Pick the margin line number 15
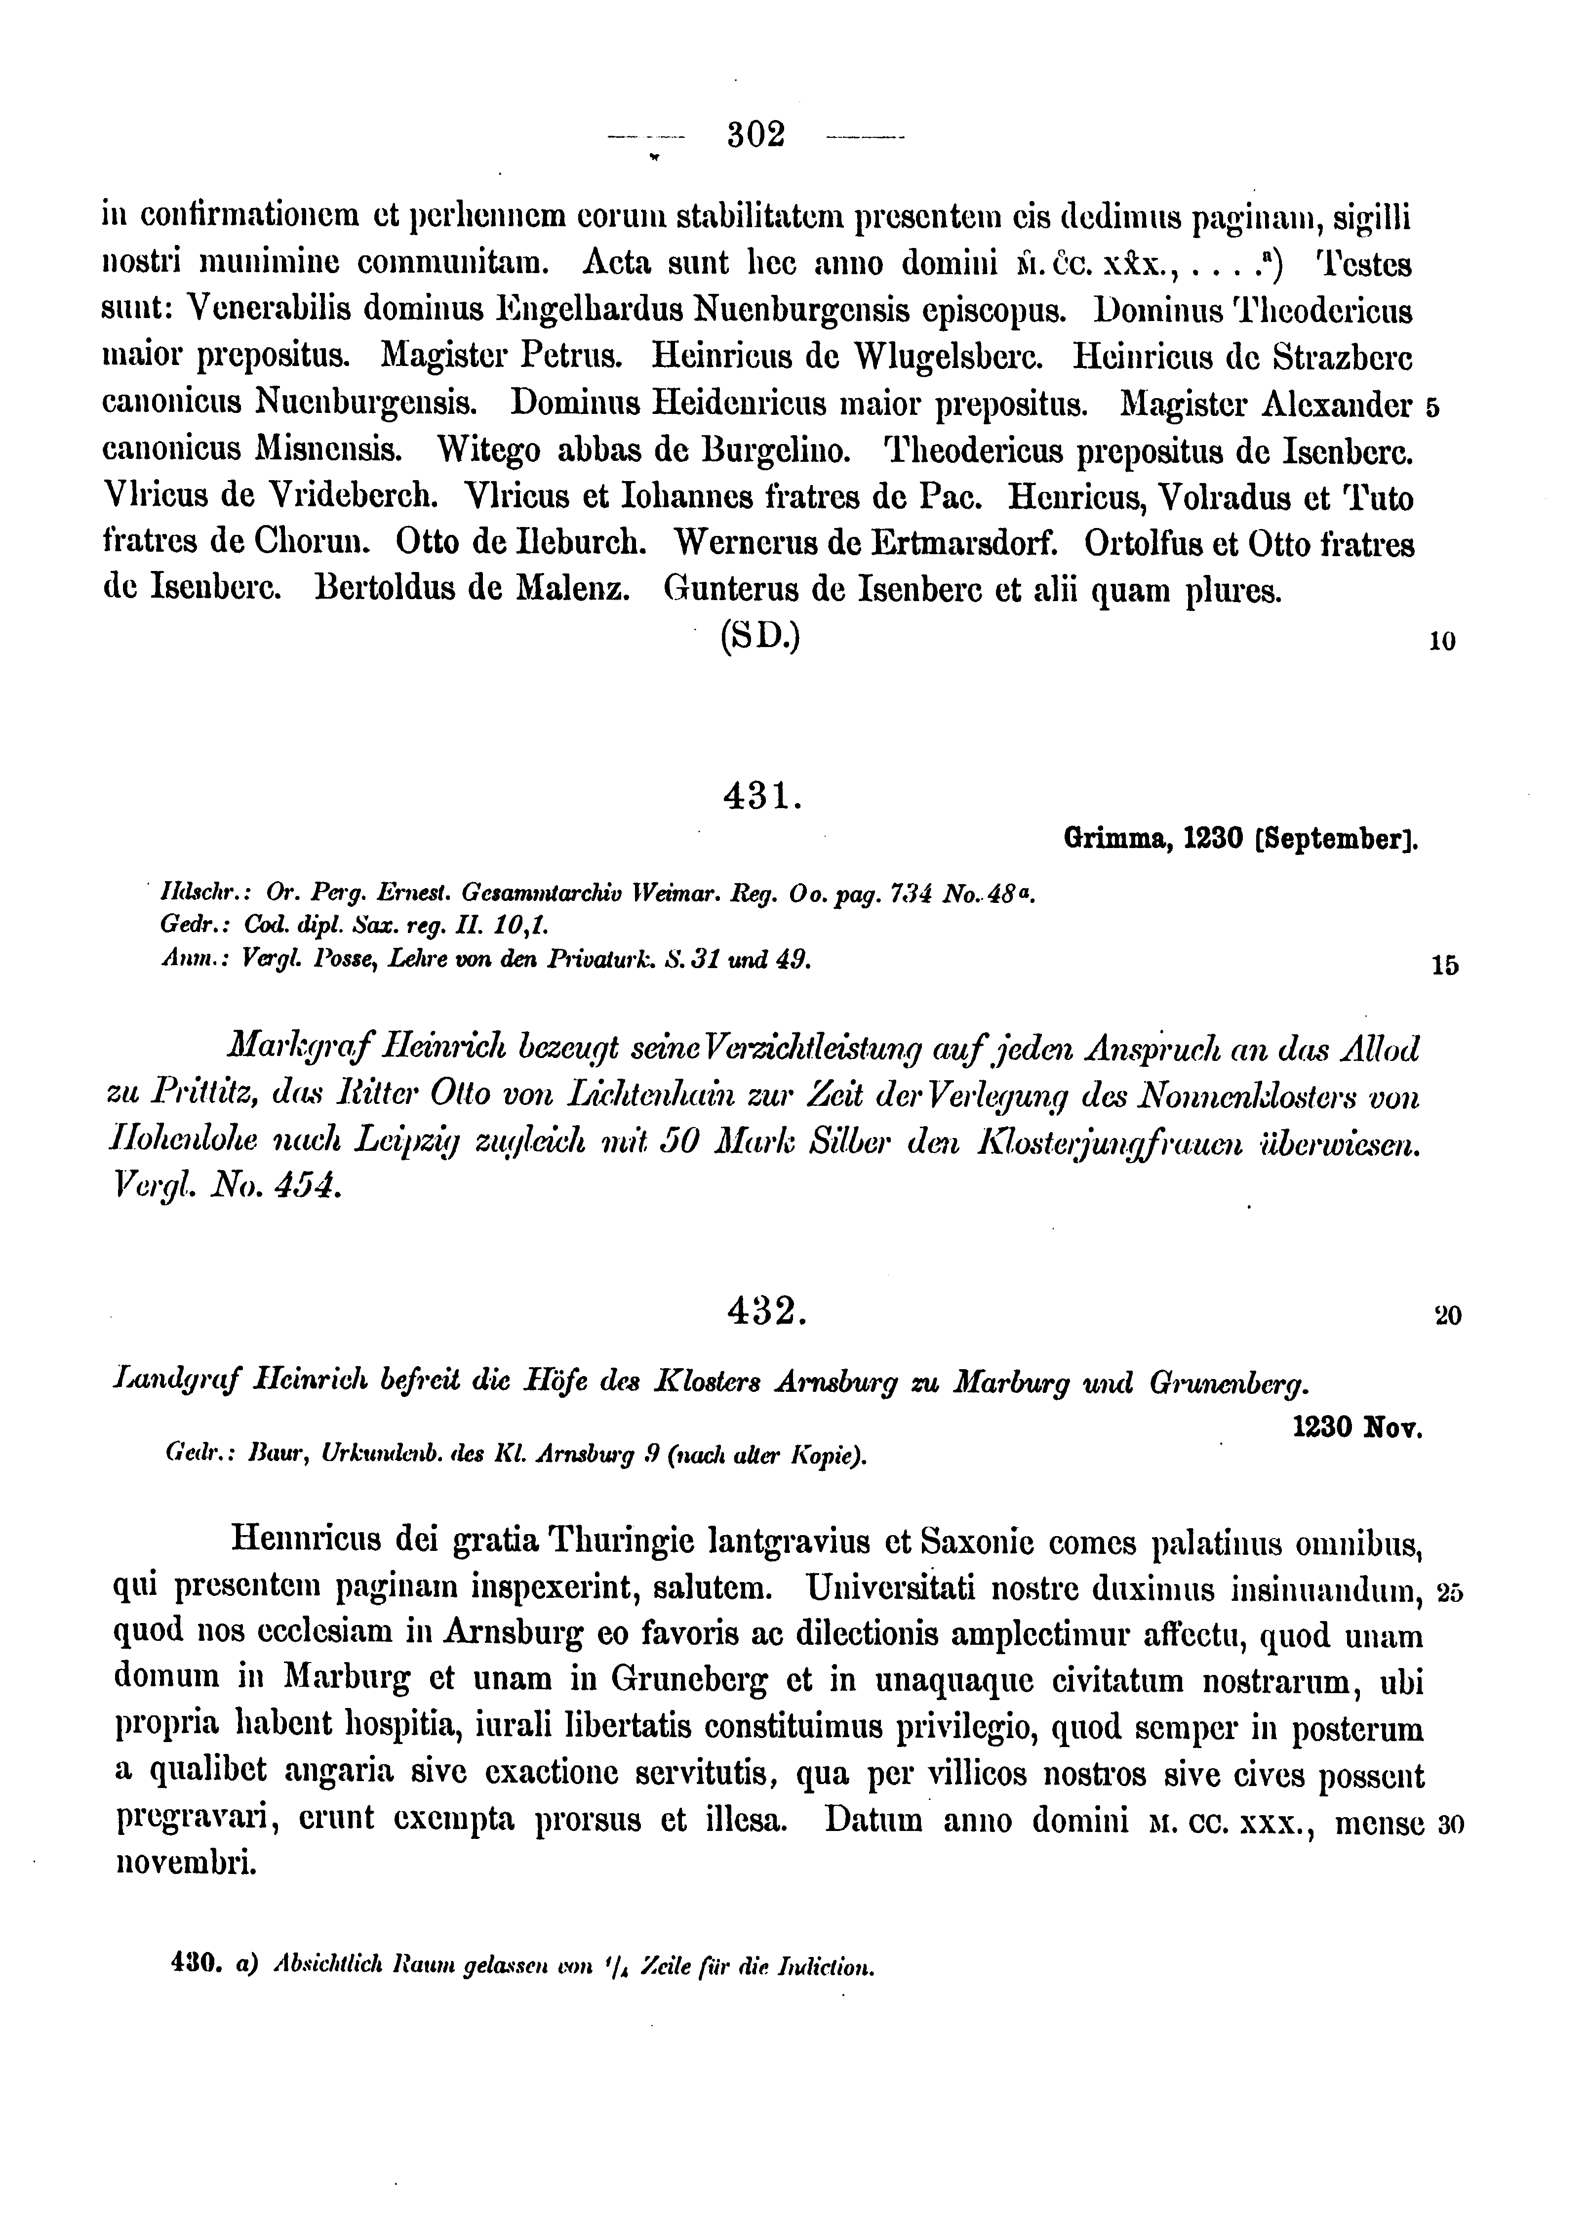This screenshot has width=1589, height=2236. (1444, 966)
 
